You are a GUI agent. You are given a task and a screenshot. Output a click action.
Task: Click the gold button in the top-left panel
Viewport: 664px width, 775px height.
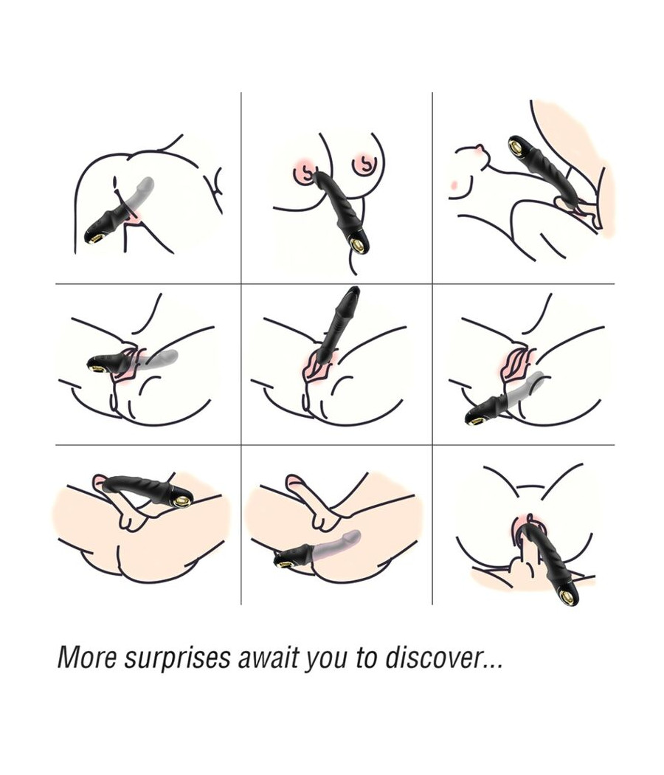point(96,238)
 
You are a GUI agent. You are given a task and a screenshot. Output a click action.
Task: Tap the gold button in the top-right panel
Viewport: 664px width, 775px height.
point(516,146)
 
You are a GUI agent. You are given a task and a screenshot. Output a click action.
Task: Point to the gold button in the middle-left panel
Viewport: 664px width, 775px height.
point(95,367)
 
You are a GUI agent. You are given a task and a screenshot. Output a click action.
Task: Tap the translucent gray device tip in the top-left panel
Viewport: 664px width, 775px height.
point(148,183)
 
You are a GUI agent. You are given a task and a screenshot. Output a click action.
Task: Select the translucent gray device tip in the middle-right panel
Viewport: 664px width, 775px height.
point(539,376)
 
